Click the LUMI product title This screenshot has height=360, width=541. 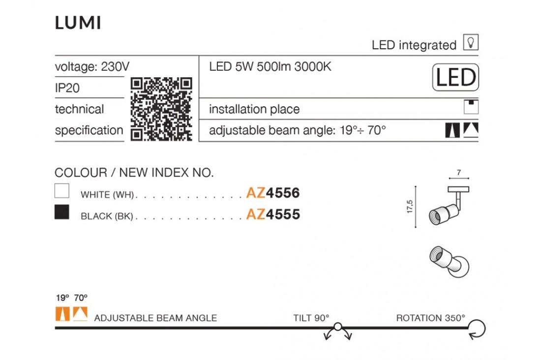click(78, 23)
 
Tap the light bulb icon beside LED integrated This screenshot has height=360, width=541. click(471, 42)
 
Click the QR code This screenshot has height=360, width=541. click(161, 109)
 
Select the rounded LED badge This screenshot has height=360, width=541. click(455, 77)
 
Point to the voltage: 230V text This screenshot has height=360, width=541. click(92, 66)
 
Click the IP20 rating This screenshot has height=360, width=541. click(67, 88)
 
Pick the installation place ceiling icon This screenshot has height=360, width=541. click(471, 107)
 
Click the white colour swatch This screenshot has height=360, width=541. click(62, 191)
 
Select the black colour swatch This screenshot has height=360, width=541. click(62, 212)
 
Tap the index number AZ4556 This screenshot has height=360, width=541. click(273, 193)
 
